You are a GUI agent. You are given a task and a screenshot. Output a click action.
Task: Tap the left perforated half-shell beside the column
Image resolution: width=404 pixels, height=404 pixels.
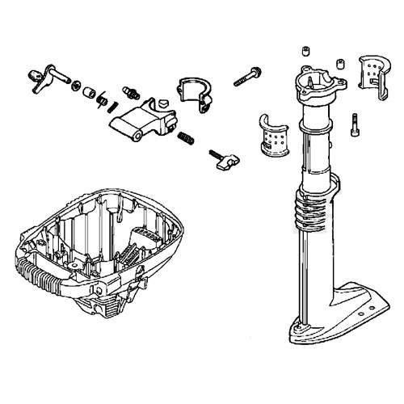(275, 134)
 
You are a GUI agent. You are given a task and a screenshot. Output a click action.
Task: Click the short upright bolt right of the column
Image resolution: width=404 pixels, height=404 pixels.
(355, 125)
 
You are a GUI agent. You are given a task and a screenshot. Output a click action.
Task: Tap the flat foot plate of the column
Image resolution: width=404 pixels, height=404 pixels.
(339, 318)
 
